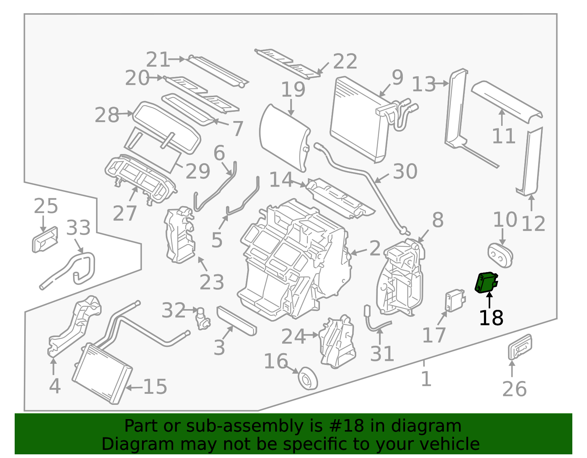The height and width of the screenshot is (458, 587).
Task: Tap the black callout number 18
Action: [x=491, y=318]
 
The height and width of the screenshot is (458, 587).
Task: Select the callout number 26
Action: [x=514, y=389]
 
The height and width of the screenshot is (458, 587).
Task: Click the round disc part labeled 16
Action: [x=307, y=378]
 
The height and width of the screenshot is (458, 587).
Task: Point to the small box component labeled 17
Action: [x=454, y=300]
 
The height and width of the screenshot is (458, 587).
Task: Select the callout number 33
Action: [x=78, y=228]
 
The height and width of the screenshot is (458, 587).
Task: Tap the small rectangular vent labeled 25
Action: [x=45, y=240]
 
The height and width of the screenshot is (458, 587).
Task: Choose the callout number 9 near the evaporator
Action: [x=397, y=77]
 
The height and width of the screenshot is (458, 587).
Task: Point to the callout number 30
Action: [x=405, y=171]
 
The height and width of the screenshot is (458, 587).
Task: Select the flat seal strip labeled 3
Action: [x=237, y=321]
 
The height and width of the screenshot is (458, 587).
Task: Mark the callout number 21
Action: [x=158, y=59]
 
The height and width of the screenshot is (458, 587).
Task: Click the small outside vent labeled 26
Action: [x=519, y=347]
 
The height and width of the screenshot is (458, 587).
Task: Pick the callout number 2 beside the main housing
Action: [x=375, y=248]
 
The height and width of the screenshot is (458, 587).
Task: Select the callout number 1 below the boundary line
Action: [x=426, y=379]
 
